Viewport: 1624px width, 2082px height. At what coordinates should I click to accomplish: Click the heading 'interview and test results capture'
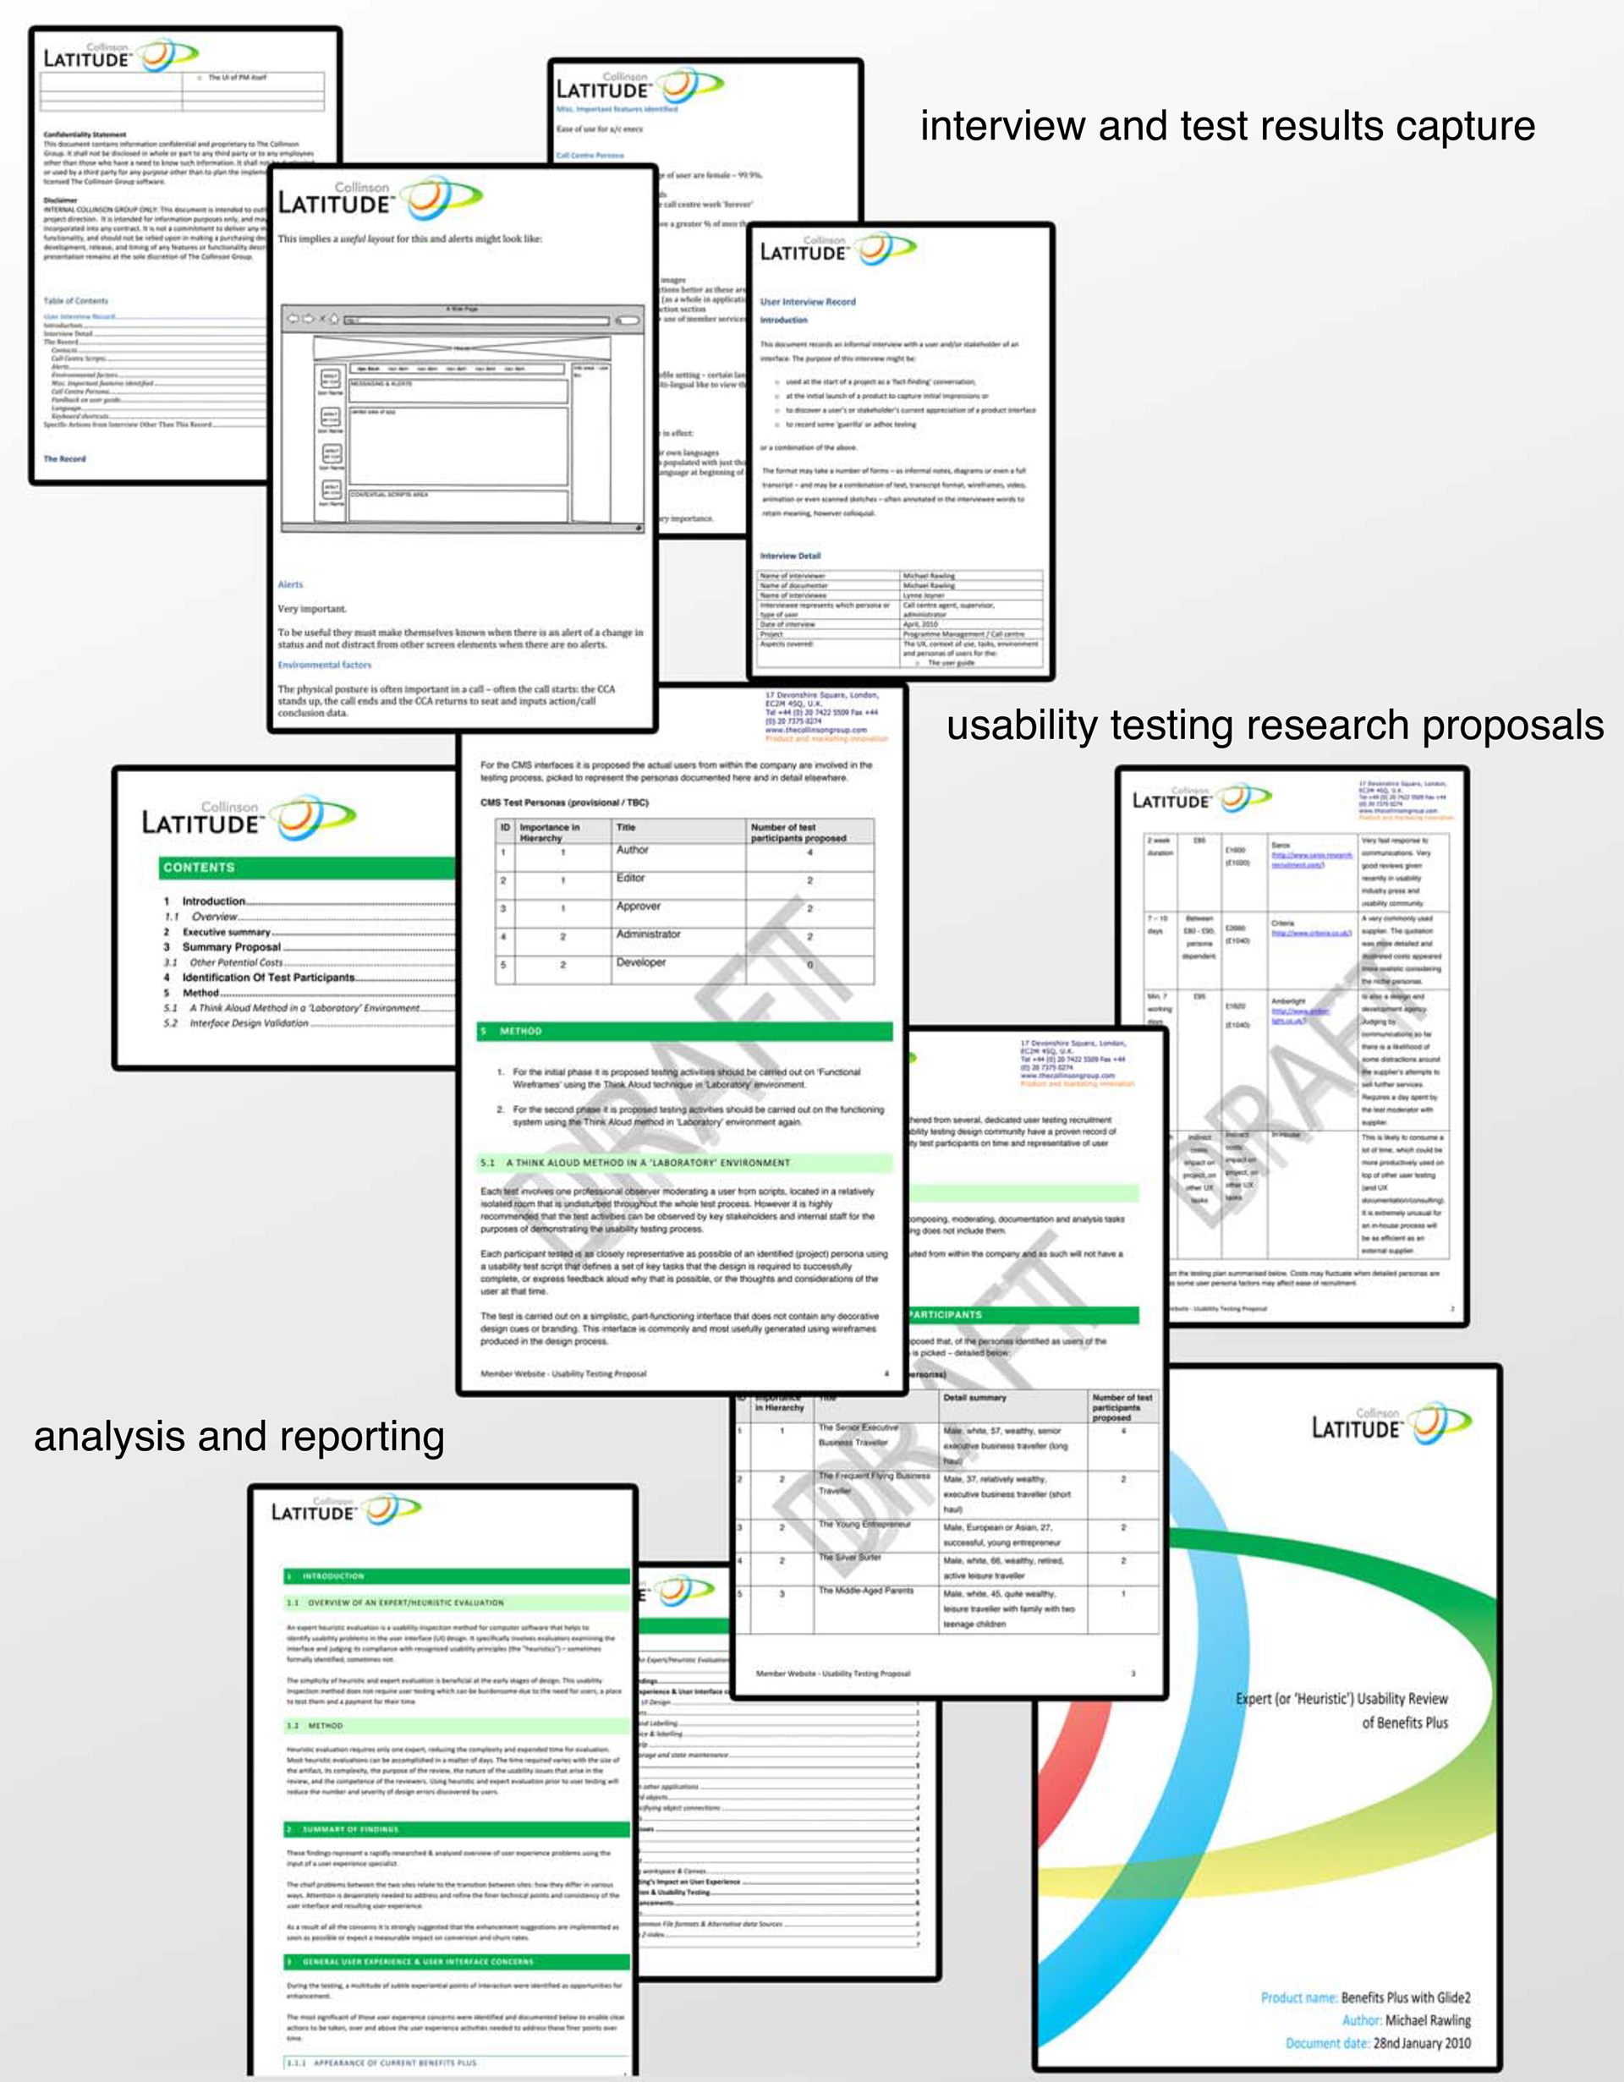1226,127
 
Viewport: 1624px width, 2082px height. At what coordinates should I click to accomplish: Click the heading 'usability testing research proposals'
1274,726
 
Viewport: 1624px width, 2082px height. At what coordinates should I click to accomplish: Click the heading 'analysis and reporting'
239,1437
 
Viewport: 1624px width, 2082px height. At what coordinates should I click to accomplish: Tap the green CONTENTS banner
305,868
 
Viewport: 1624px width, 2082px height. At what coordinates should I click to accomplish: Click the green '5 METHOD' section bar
684,1031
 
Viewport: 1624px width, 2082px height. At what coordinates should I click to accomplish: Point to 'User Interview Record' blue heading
808,301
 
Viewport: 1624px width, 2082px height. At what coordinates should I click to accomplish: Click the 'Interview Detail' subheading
790,556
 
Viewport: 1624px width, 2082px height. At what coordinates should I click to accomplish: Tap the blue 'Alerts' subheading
290,584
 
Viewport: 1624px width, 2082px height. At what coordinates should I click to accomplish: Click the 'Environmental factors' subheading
324,665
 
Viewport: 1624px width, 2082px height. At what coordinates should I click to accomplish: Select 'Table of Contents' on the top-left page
75,300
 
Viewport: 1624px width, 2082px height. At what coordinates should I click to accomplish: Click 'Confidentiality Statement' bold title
84,134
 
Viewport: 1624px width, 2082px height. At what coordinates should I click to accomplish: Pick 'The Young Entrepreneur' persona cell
864,1525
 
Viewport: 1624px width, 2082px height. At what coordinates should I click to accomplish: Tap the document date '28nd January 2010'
1421,2043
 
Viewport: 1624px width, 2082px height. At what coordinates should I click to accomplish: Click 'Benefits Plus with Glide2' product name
1406,1997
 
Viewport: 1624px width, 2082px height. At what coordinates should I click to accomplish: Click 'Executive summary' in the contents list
226,931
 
